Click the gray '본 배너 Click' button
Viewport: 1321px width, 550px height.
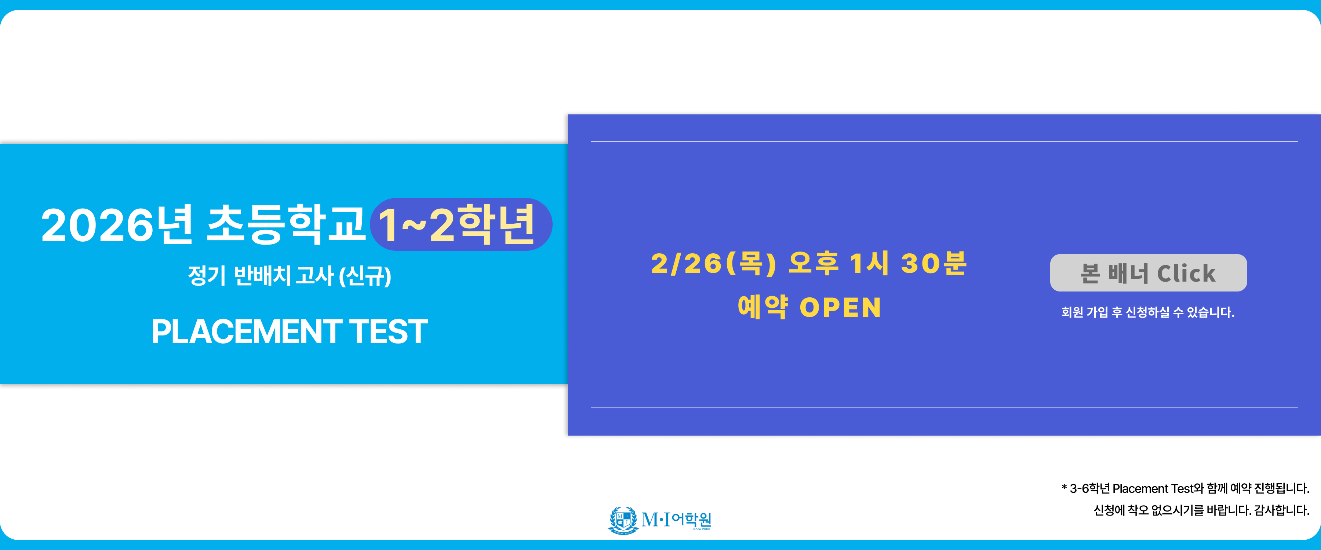coord(1148,273)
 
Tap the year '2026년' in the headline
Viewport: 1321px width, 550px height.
coord(117,225)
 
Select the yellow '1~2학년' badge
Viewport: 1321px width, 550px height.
coord(461,224)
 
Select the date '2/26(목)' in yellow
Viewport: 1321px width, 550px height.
coord(713,264)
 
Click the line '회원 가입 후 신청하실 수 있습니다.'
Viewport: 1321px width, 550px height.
coord(1148,312)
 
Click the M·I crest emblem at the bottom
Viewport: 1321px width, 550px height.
coord(623,520)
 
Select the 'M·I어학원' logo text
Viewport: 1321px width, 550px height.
coord(676,520)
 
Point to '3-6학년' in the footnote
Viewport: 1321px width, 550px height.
coord(1090,488)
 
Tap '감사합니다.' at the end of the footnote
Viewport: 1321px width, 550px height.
coord(1281,510)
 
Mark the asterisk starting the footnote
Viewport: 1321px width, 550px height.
coord(1064,487)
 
